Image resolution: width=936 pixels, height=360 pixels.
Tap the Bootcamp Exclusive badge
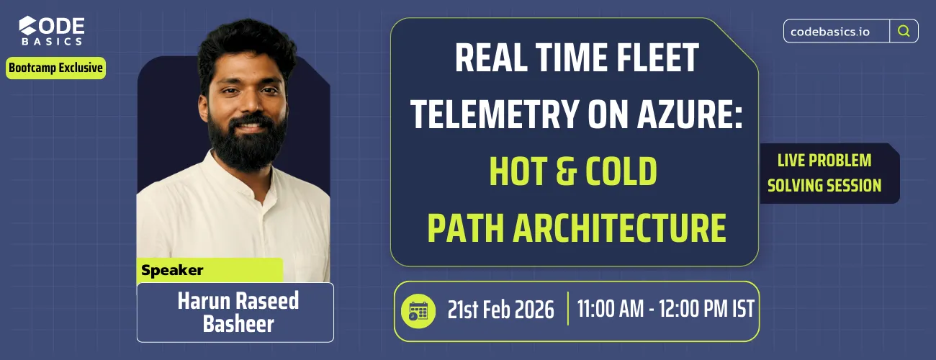click(56, 68)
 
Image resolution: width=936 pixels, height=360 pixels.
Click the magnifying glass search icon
click(904, 31)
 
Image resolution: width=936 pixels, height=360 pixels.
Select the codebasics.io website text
click(835, 32)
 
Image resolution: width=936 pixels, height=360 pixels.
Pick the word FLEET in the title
click(652, 58)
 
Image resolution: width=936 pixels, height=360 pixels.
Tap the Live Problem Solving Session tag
click(824, 173)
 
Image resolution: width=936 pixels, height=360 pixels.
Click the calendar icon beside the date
click(418, 310)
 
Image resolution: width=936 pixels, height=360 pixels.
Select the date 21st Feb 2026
click(500, 310)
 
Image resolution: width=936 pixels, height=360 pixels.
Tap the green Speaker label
click(173, 271)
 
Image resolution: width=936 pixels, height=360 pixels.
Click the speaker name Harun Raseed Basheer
click(238, 312)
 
